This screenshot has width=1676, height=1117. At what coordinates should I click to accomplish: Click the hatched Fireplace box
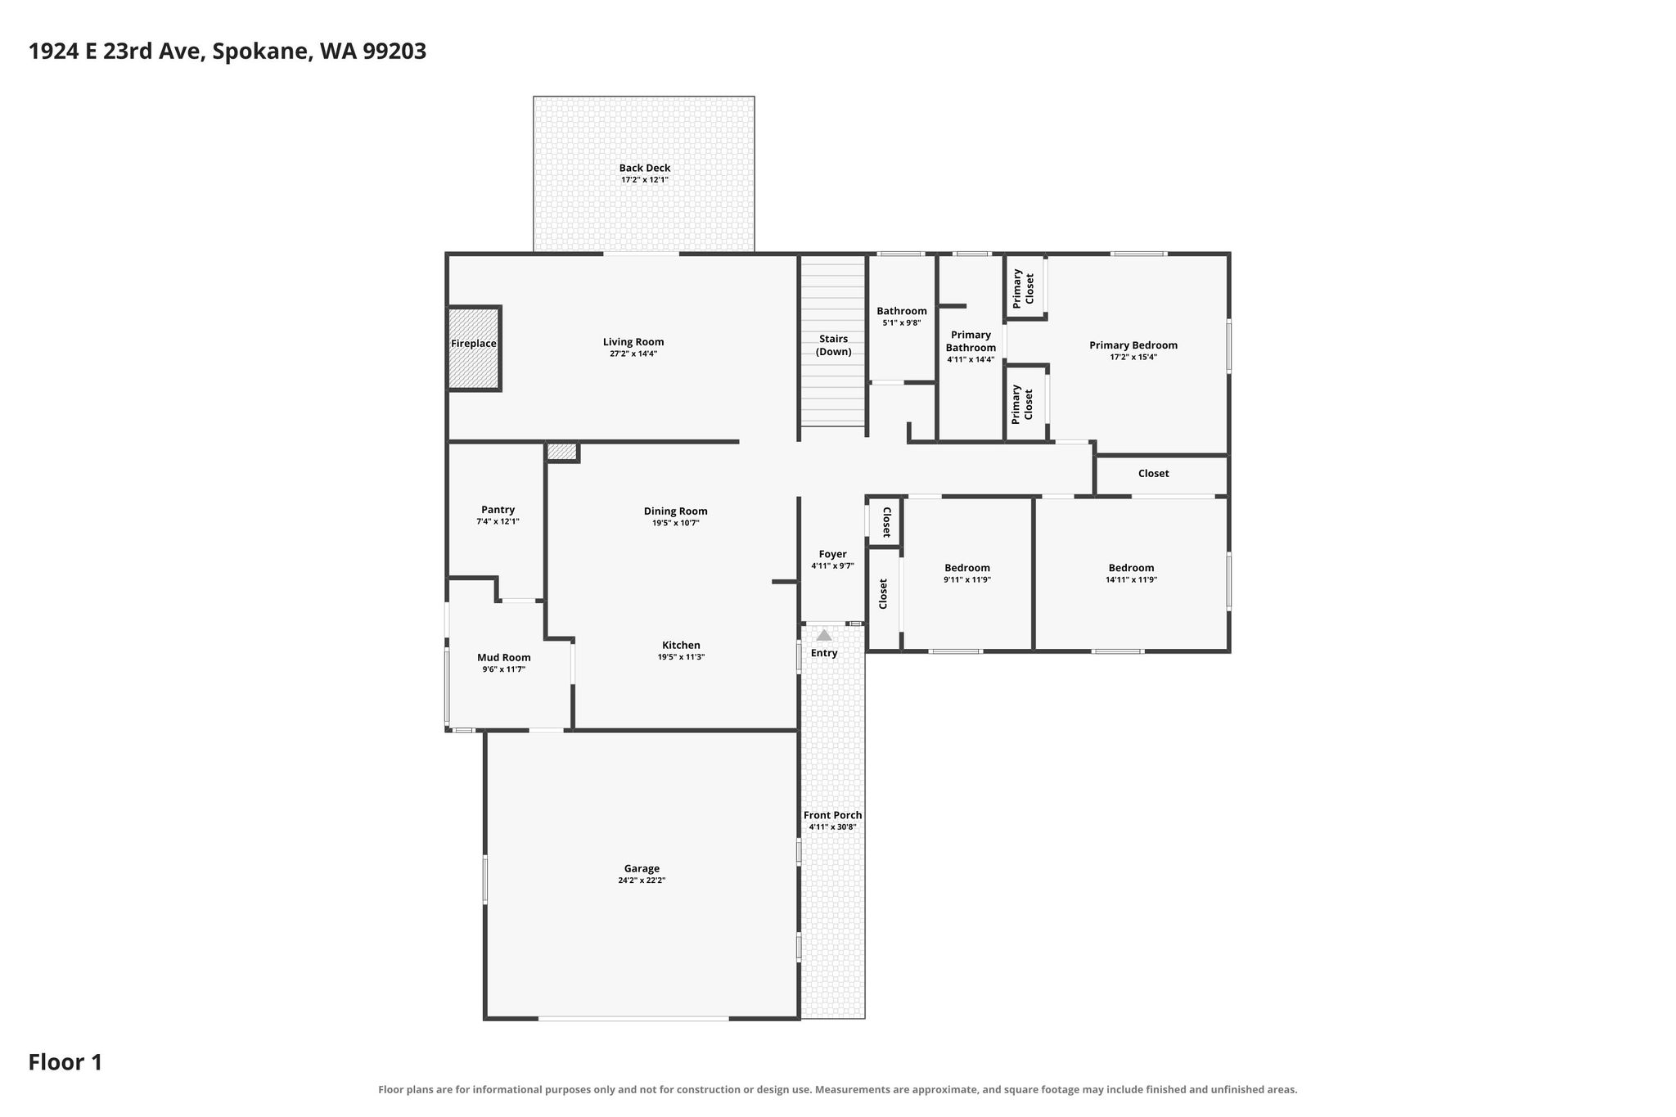[474, 349]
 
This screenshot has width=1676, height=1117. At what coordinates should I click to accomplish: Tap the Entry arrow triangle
[824, 635]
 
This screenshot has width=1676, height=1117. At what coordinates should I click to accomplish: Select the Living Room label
[633, 342]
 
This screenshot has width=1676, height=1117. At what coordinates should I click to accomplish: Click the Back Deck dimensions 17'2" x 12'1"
[645, 180]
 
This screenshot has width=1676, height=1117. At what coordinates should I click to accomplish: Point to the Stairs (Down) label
[833, 345]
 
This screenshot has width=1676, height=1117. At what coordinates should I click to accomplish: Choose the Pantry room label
[498, 510]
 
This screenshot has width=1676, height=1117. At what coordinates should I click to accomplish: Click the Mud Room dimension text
[504, 669]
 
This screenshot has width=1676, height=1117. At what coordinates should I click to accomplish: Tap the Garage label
[642, 869]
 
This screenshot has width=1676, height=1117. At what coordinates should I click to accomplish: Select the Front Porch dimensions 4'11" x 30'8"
[832, 827]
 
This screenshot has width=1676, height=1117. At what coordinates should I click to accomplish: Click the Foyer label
[833, 554]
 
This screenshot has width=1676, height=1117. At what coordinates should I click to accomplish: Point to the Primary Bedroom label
[1133, 345]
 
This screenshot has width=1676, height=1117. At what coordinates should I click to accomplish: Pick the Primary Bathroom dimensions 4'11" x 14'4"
[971, 359]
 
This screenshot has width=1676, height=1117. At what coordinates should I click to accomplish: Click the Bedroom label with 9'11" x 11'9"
[967, 568]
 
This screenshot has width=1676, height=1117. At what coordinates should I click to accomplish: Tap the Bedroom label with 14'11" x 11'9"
[1131, 568]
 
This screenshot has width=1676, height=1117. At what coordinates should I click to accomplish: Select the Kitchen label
[681, 645]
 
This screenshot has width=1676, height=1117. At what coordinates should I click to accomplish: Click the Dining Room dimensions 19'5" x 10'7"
[676, 523]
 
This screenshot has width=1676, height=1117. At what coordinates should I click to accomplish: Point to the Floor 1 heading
[65, 1062]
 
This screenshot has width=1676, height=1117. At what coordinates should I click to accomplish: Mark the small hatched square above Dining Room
[562, 451]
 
